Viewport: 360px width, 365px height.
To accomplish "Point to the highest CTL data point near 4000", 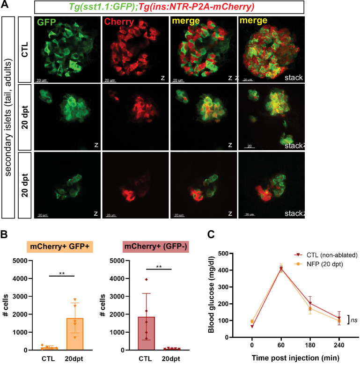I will [147, 279].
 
